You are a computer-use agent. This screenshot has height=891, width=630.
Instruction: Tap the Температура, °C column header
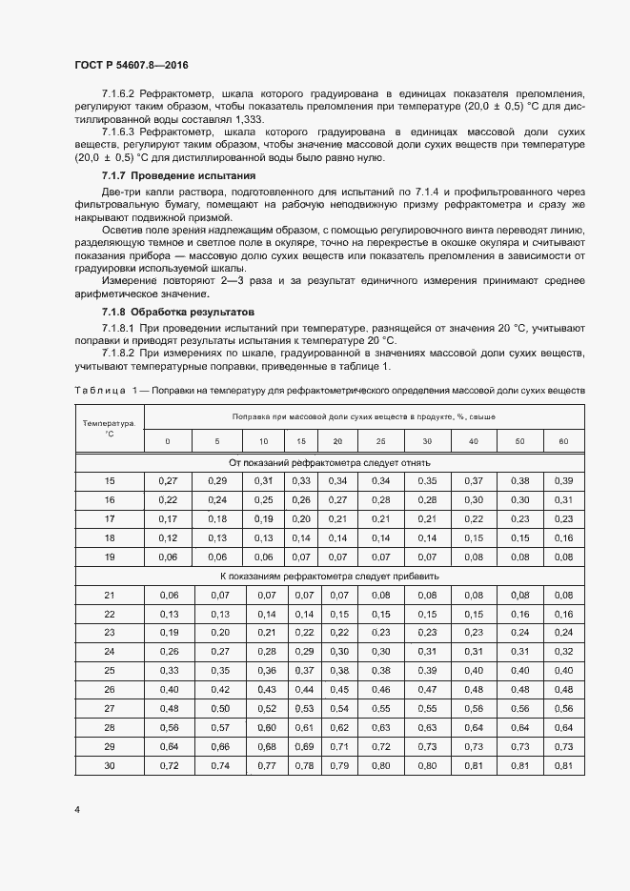[109, 427]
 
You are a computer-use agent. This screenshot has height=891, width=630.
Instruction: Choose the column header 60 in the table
[562, 441]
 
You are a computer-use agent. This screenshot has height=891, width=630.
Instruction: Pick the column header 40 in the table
[474, 441]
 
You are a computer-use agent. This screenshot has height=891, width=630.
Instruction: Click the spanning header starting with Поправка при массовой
[363, 416]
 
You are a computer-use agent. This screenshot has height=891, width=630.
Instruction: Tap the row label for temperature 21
[109, 595]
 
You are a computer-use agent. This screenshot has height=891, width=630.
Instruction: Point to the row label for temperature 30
[109, 766]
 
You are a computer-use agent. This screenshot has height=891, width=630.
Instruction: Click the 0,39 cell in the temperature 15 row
[562, 480]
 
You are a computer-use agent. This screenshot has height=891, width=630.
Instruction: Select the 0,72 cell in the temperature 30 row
[168, 766]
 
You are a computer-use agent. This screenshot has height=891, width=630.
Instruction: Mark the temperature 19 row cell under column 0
[168, 557]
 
